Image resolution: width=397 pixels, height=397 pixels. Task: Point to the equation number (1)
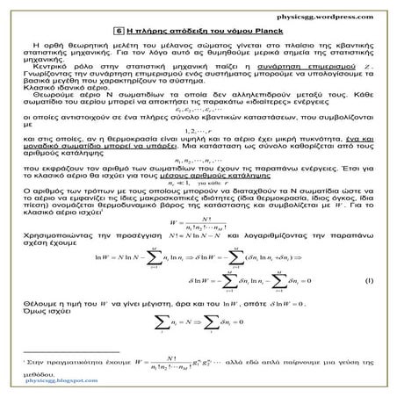coord(370,278)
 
